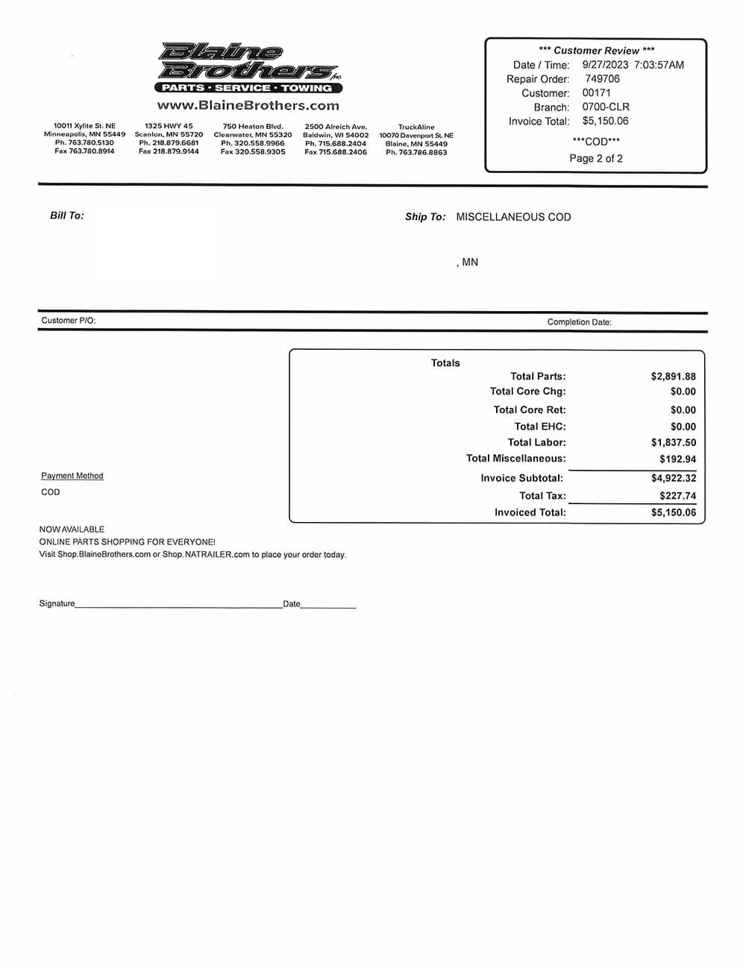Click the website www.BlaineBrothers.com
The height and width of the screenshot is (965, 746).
248,106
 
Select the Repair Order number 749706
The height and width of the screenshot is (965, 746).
602,79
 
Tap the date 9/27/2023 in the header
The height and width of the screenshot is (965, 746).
605,65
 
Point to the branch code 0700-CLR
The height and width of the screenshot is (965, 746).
606,107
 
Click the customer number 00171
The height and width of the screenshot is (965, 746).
596,93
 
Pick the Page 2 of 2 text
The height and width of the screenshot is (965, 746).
595,159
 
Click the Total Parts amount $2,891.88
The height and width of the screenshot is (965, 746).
673,377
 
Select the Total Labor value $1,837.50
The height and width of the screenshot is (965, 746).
673,443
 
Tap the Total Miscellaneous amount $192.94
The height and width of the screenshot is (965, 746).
677,459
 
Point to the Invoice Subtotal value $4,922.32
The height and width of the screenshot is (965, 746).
673,478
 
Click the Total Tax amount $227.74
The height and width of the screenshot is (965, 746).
677,496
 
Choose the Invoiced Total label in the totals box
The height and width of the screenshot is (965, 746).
530,512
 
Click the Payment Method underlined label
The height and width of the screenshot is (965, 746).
72,476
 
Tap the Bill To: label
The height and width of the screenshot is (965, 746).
67,216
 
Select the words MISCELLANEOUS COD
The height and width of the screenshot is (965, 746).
513,217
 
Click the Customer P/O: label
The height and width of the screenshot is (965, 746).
69,321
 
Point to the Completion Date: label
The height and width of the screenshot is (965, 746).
579,322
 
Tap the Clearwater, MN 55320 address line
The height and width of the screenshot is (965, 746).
253,135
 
